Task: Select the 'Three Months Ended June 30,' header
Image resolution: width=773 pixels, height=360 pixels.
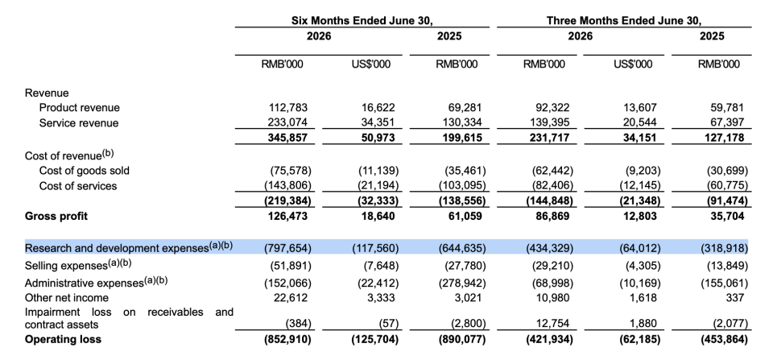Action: click(x=623, y=21)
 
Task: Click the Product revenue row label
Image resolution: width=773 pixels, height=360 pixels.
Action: click(x=80, y=107)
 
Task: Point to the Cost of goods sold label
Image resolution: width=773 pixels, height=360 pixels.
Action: click(x=85, y=171)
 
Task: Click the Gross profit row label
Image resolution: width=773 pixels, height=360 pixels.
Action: click(x=56, y=216)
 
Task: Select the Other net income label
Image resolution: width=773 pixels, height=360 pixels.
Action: click(x=67, y=298)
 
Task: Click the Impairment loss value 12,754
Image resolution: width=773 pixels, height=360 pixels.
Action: click(x=556, y=324)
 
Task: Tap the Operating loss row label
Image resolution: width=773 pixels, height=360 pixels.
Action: click(x=63, y=339)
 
